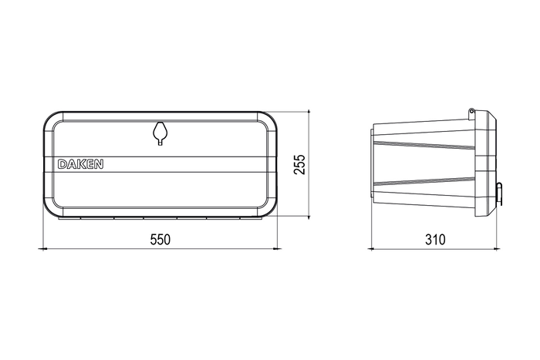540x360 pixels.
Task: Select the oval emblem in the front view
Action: point(160,135)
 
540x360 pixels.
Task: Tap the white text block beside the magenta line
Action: point(80,163)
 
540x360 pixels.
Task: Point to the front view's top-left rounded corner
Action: point(54,123)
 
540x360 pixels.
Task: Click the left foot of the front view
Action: point(44,249)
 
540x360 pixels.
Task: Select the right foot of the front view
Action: point(278,249)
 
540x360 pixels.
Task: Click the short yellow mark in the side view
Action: point(484,160)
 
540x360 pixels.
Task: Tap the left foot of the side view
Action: point(374,249)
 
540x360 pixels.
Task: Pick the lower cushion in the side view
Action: point(424,193)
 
